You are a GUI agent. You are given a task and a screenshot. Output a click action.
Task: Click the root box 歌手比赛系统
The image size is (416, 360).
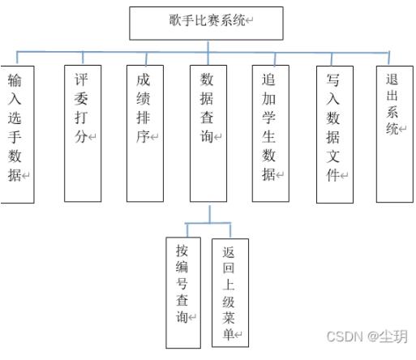pos(206,24)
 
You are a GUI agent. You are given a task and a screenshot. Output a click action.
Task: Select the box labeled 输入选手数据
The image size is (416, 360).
pos(17,135)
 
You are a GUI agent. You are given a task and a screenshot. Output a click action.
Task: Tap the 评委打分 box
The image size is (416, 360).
pos(83,134)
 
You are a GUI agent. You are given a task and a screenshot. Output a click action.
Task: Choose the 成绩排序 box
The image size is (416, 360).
pos(145,134)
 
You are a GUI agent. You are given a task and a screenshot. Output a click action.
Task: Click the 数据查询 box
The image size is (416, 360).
pos(208,134)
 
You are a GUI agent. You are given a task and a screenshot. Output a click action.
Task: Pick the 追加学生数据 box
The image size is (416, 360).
pos(271,134)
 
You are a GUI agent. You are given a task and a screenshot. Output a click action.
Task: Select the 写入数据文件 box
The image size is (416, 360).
pos(335,135)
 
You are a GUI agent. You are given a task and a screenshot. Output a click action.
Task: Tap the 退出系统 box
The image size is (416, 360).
pos(395,134)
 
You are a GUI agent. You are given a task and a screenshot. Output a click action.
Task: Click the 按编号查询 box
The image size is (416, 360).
pos(183,293)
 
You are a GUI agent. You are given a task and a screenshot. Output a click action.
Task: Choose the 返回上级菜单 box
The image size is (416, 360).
pos(230,293)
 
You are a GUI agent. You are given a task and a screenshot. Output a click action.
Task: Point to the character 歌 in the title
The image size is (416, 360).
pos(176,20)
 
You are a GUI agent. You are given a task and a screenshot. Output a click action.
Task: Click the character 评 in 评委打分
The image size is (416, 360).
pos(81,79)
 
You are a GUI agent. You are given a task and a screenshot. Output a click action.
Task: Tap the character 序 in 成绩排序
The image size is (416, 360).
pos(143,136)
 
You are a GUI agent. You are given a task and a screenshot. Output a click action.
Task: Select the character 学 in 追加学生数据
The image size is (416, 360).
pos(268,118)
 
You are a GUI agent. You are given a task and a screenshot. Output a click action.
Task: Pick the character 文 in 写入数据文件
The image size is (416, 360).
pos(332,156)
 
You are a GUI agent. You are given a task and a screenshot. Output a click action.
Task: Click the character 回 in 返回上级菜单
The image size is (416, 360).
pos(229,268)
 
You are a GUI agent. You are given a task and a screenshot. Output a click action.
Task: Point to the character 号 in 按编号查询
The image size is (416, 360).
pos(182,283)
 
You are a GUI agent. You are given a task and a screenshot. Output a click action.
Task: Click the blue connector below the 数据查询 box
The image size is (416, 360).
pos(210,214)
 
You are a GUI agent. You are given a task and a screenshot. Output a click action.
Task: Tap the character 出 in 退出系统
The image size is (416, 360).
pos(392,96)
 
